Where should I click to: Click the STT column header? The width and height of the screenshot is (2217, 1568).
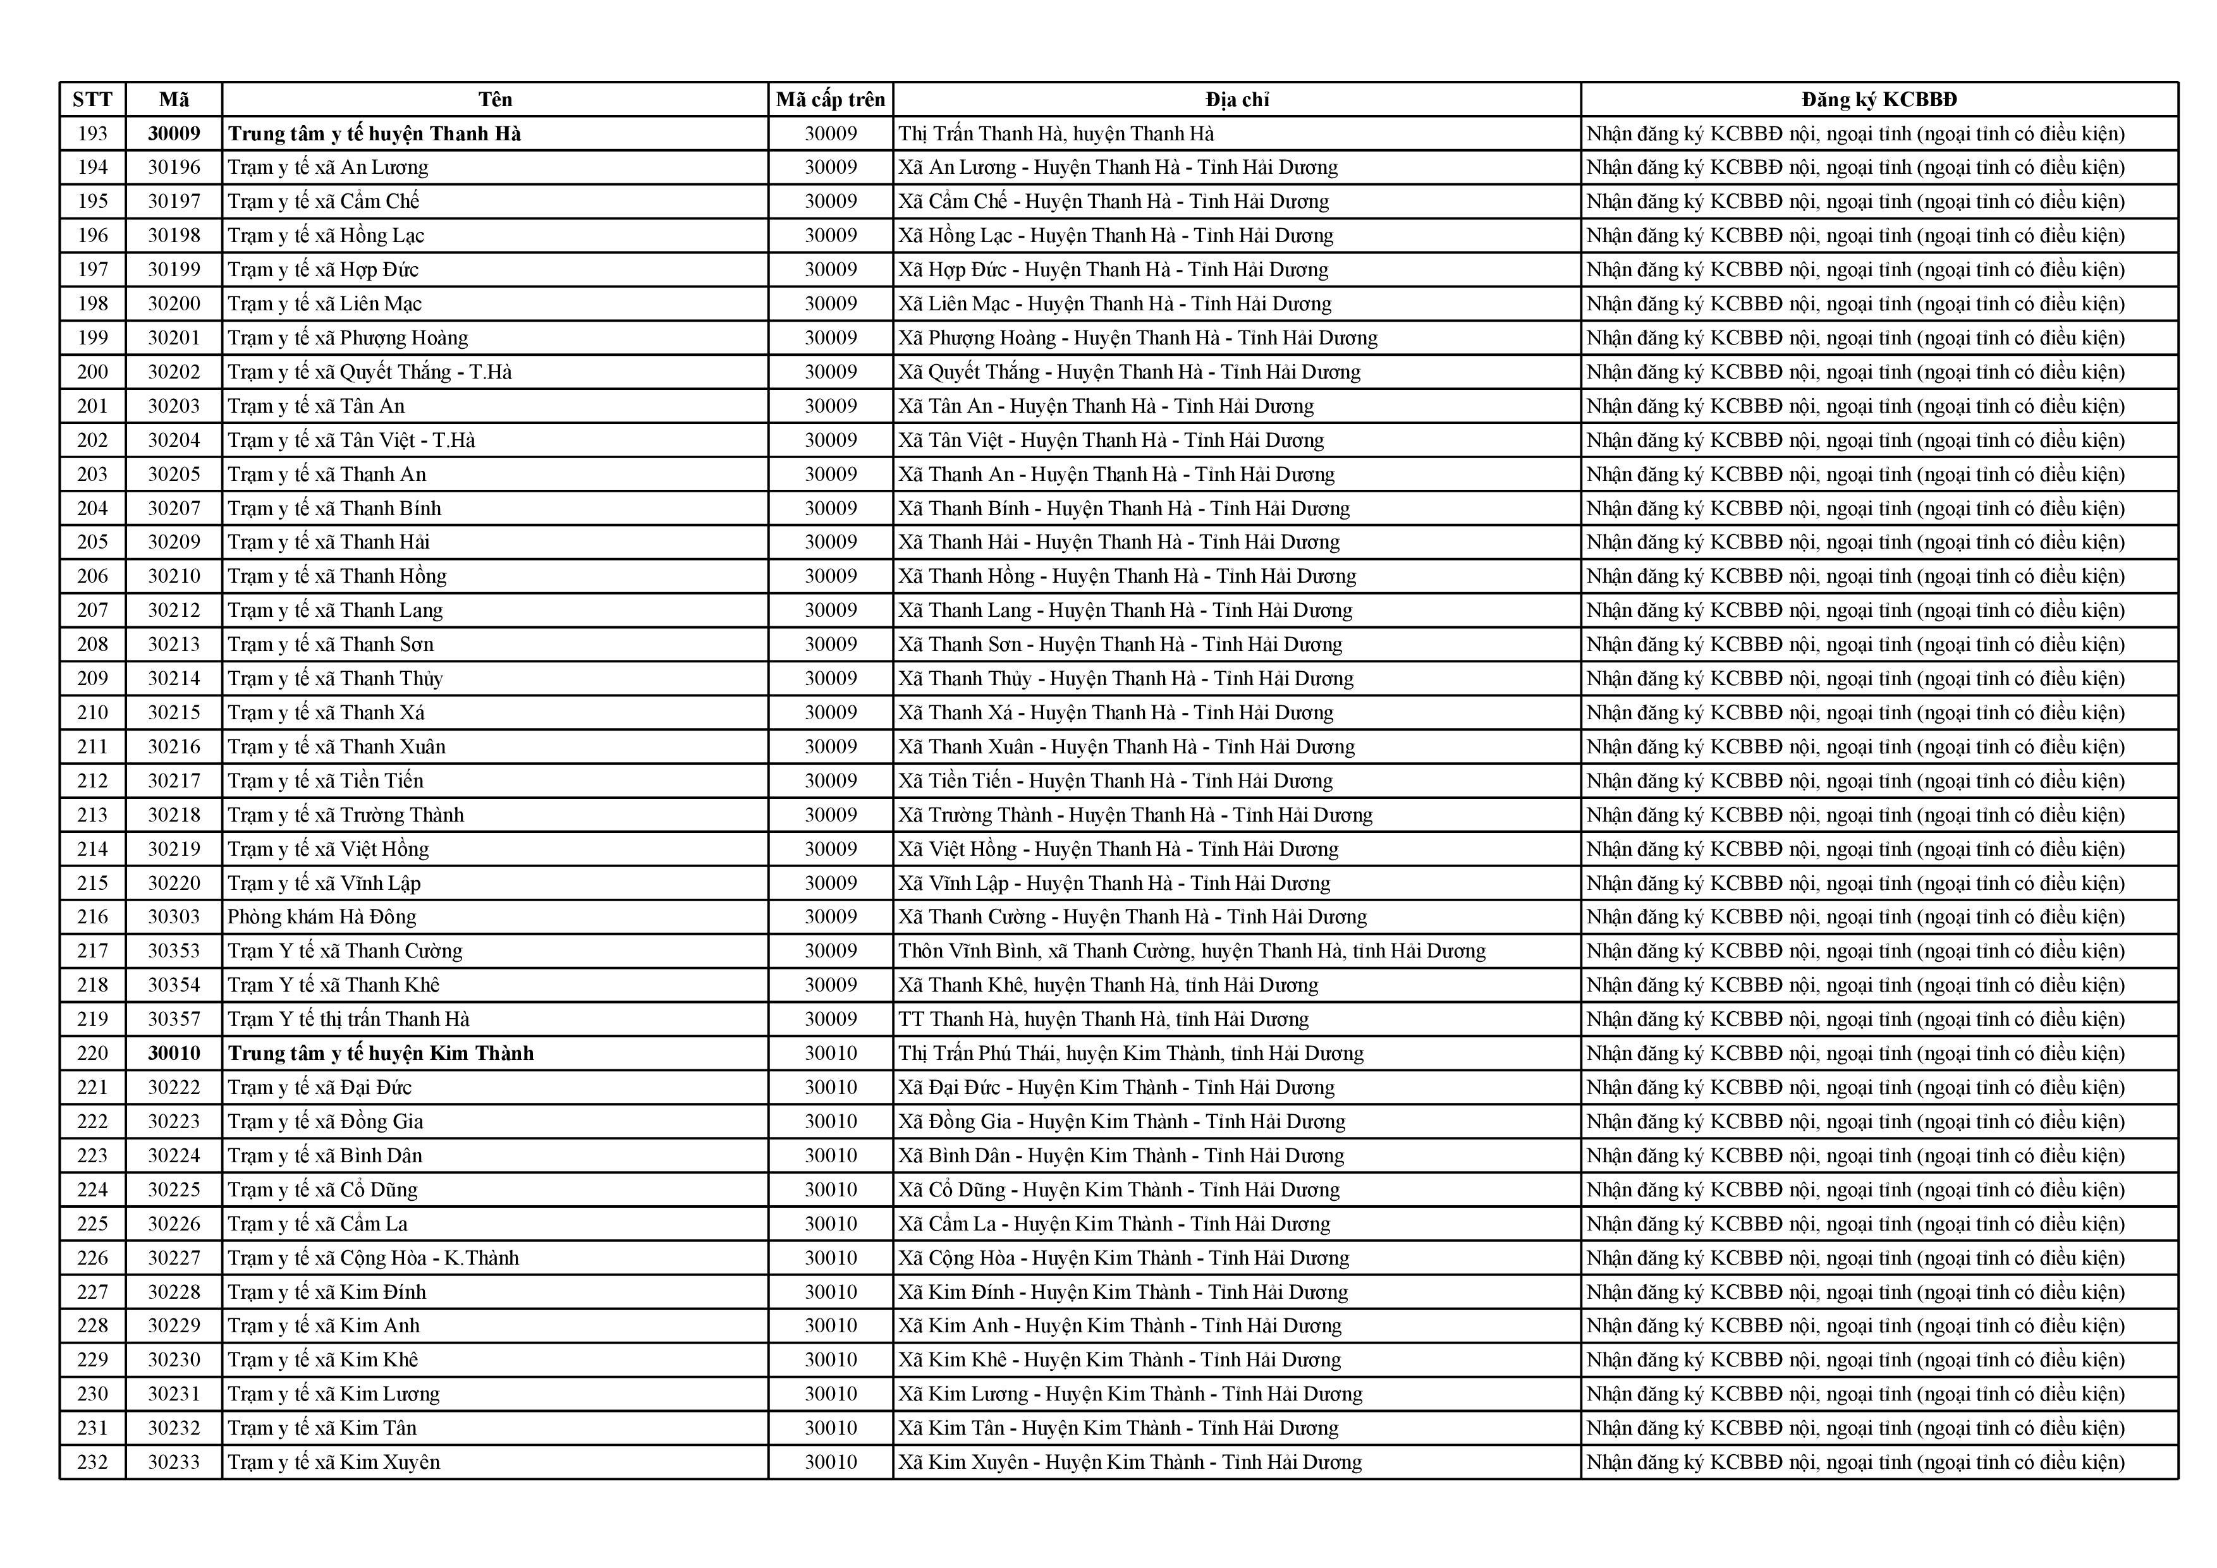click(93, 99)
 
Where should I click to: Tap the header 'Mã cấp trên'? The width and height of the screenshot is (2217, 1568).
click(831, 99)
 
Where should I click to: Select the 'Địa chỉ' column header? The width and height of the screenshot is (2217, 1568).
click(1237, 99)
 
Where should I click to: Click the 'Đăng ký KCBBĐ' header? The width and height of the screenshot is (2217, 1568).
click(1879, 99)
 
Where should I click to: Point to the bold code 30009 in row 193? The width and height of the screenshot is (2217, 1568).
click(174, 133)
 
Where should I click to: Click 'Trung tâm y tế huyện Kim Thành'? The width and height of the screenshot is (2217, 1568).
click(381, 1052)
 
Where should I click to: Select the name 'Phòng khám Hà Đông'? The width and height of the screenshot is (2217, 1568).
click(322, 916)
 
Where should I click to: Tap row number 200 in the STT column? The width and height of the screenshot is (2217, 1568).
click(93, 372)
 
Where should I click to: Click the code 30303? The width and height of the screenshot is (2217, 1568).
click(174, 916)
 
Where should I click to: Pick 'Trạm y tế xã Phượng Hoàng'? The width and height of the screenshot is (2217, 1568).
click(348, 338)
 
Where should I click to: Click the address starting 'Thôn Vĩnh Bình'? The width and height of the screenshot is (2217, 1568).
click(1192, 951)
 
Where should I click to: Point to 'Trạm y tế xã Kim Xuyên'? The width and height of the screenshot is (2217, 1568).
click(333, 1462)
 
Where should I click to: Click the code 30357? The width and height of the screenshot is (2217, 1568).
click(174, 1019)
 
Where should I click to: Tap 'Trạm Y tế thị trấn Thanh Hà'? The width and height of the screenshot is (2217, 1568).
click(348, 1019)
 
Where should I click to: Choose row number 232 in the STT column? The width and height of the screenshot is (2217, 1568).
click(93, 1462)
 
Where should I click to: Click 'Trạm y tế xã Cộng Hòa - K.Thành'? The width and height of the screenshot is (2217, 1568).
click(373, 1257)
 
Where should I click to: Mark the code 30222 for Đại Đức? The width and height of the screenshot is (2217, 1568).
click(174, 1087)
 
